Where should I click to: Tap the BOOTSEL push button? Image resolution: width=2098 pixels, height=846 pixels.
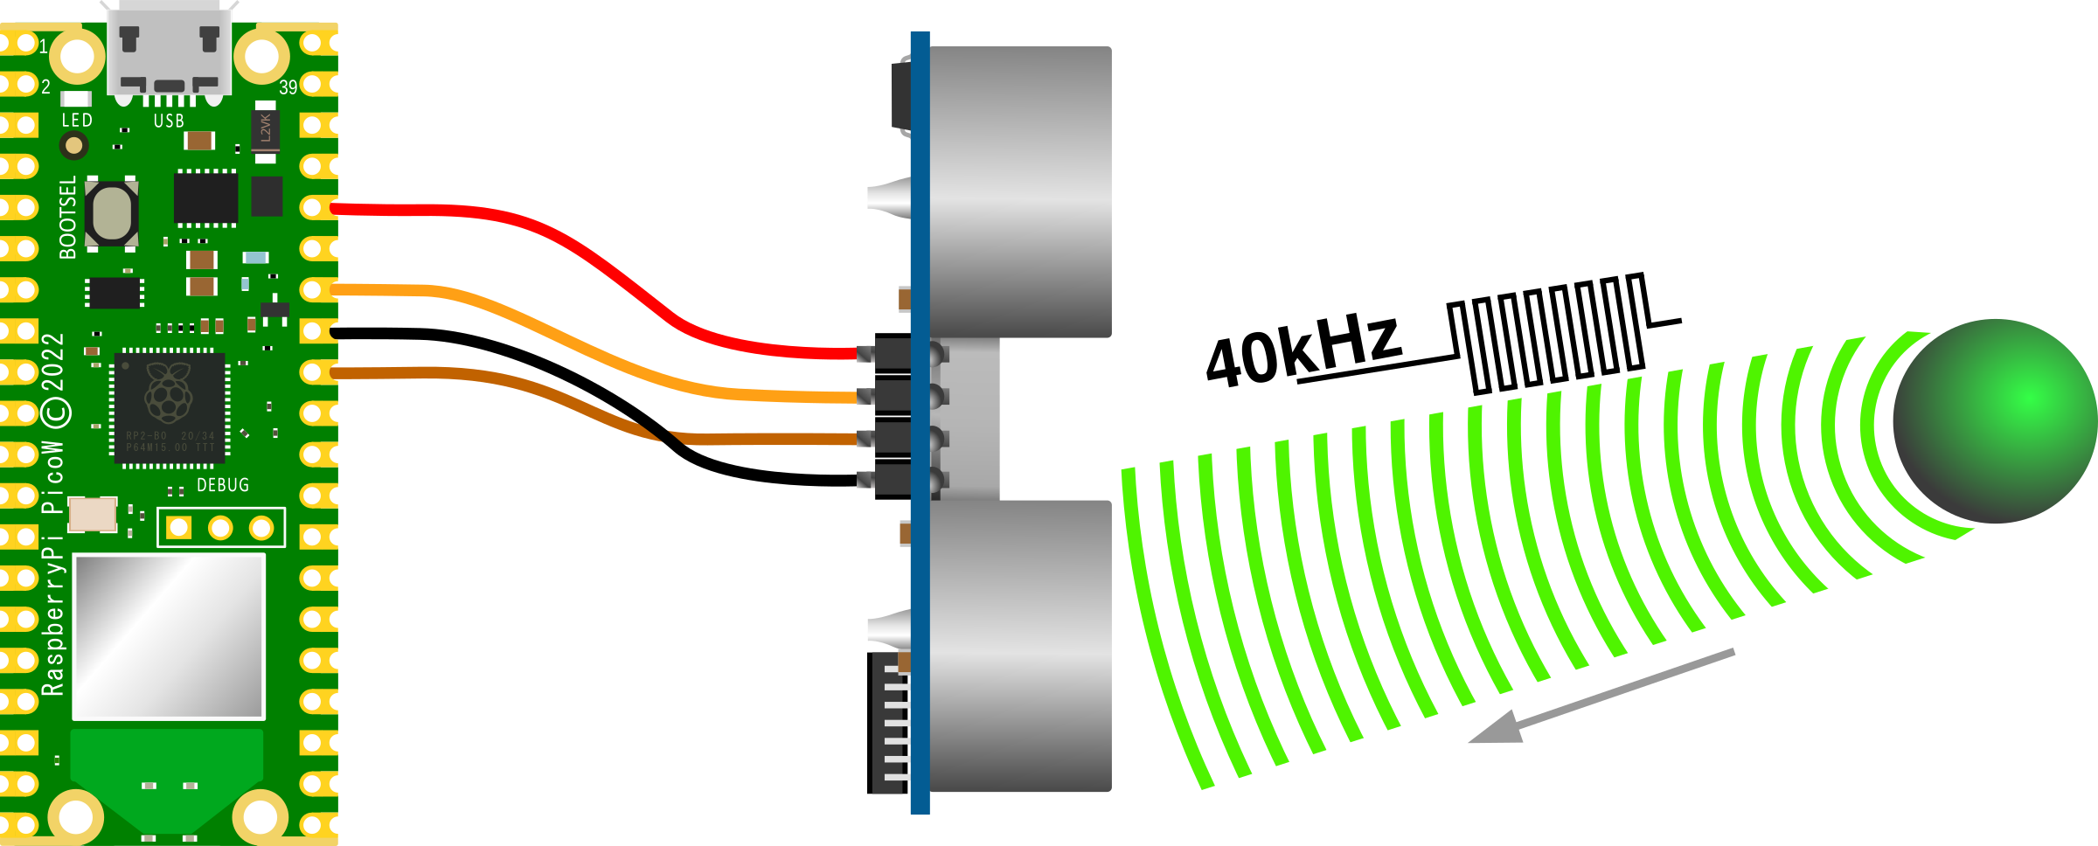pyautogui.click(x=112, y=213)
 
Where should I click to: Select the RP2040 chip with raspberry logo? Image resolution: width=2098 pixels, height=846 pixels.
pyautogui.click(x=170, y=406)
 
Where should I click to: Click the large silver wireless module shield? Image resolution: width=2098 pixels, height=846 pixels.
pyautogui.click(x=169, y=635)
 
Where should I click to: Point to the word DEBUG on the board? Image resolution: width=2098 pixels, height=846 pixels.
pyautogui.click(x=223, y=485)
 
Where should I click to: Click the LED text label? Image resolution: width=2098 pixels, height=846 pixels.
pyautogui.click(x=77, y=121)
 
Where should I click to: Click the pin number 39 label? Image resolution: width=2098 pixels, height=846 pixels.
pyautogui.click(x=288, y=87)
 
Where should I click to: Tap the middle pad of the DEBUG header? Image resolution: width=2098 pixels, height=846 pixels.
pyautogui.click(x=220, y=528)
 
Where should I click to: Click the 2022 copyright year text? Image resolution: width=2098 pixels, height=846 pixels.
pyautogui.click(x=53, y=362)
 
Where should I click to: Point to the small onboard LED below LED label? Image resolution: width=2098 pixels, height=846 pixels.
pyautogui.click(x=74, y=146)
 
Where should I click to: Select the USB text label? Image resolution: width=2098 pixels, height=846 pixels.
pyautogui.click(x=169, y=121)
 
